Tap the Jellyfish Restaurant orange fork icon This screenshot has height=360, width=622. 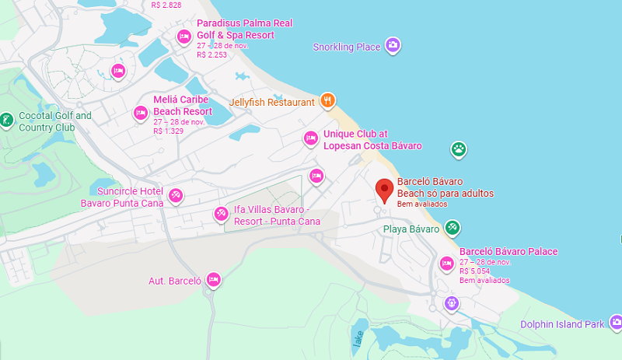coord(328,100)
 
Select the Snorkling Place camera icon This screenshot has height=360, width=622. coord(393,46)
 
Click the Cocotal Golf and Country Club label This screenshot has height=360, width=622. coord(54,122)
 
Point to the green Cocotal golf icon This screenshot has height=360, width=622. coord(6,120)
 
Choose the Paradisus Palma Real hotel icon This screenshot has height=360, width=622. coord(184,36)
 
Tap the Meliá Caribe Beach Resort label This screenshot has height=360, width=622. coord(182,106)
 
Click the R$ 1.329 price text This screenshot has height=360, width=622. coord(168,131)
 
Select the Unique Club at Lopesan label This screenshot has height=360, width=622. coord(372,140)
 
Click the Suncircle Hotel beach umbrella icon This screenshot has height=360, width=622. coord(176,195)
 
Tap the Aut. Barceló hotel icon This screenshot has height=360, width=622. coord(214,280)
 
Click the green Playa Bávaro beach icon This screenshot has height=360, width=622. coord(452,228)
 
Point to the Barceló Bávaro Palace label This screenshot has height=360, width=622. coord(508,252)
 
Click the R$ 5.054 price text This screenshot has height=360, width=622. coord(475,271)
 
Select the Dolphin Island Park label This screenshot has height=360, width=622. coord(562,323)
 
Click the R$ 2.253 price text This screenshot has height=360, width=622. coord(211,54)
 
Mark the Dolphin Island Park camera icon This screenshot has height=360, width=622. coord(616,320)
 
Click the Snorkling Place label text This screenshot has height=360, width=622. coord(347,47)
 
